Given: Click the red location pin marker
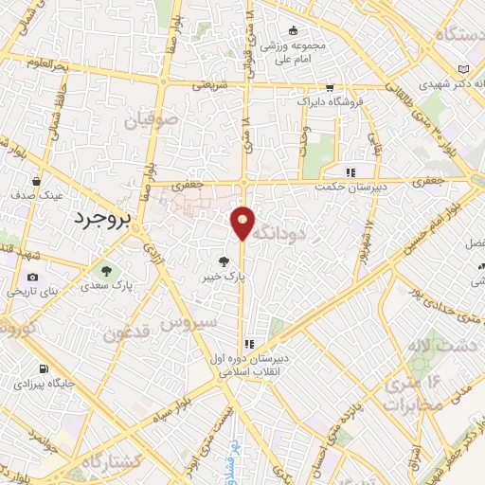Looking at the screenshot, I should click(243, 222).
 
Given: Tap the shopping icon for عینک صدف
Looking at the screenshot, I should click(37, 179).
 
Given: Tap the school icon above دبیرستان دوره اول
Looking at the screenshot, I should click(249, 345).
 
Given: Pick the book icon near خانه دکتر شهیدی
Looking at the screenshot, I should click(463, 70).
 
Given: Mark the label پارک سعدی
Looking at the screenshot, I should click(105, 284).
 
